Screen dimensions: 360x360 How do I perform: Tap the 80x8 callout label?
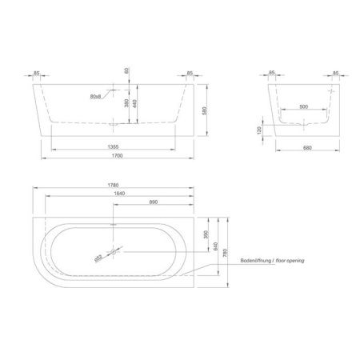96,96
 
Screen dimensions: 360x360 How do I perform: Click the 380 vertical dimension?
126,104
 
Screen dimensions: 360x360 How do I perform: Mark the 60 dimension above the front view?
126,71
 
